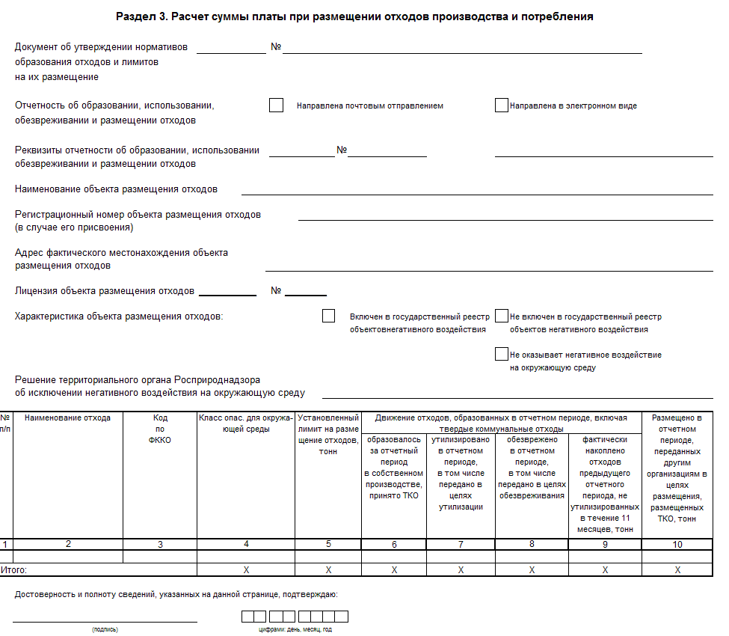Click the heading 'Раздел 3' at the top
355,16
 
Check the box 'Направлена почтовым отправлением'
276,106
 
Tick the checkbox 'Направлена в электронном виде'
501,106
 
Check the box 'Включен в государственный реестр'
328,316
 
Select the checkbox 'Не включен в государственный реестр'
501,316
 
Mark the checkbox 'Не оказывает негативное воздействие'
501,354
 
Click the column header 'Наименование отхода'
67,418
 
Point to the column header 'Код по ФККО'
160,429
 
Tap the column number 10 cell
677,544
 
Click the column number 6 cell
394,544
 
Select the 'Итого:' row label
13,569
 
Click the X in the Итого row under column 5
328,569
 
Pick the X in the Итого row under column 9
605,569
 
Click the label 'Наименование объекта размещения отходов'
117,189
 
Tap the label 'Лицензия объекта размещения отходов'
105,291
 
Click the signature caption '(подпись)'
105,630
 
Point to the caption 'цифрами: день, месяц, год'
294,630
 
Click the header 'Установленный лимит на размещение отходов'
328,434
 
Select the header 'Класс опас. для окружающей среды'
246,423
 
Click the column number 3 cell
160,544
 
